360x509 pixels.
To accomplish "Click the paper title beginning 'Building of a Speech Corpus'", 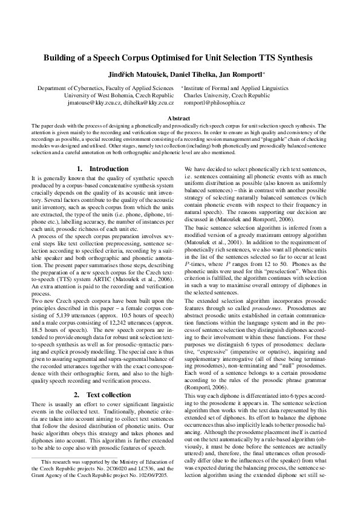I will tap(180, 59).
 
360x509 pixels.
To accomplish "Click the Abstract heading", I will tap(180, 118).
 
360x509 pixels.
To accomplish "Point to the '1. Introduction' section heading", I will tap(103, 169).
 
